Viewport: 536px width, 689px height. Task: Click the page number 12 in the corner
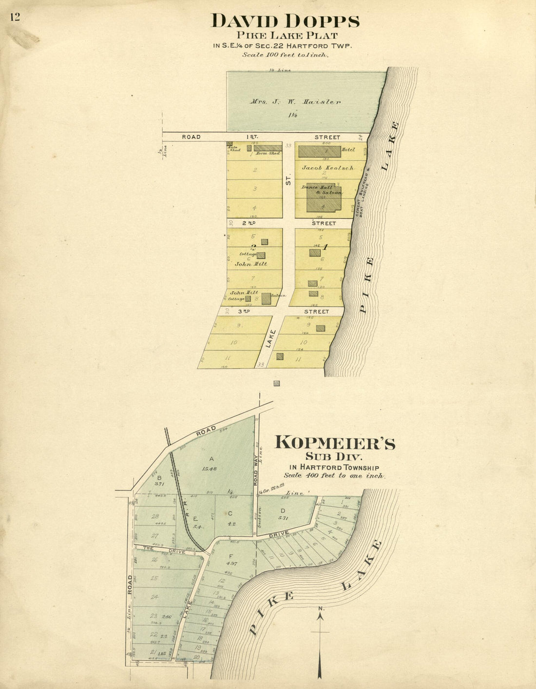click(x=14, y=17)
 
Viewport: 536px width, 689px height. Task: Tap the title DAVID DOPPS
click(x=286, y=21)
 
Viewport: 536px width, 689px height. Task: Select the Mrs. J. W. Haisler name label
click(x=295, y=102)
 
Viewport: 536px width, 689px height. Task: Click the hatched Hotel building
click(x=319, y=151)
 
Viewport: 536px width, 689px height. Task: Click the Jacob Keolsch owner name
click(x=327, y=168)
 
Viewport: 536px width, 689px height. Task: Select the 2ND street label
click(x=249, y=223)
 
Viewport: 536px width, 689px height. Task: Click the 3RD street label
click(x=243, y=311)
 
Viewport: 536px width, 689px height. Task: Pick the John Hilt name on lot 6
click(x=251, y=264)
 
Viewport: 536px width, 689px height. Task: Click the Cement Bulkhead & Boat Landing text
click(x=364, y=192)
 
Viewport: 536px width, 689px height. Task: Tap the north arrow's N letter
click(x=320, y=609)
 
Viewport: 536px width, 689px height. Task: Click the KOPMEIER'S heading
click(x=335, y=443)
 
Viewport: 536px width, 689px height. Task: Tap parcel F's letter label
click(x=231, y=556)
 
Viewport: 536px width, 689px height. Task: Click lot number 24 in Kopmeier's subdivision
click(x=154, y=597)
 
